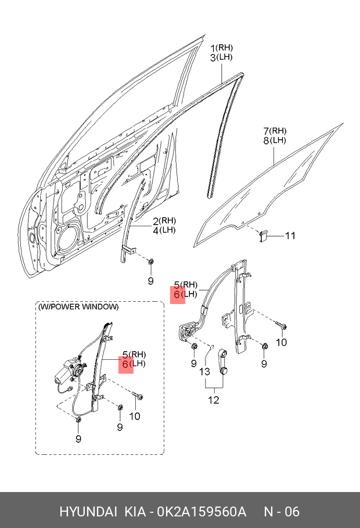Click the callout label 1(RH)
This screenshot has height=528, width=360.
221,48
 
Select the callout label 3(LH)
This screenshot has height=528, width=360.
221,57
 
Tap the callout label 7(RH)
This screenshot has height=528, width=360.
275,131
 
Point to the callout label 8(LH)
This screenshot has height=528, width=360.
275,140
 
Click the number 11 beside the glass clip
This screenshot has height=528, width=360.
290,236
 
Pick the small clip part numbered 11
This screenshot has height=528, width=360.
263,235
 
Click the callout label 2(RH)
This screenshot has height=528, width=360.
164,220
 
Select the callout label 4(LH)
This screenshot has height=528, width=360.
164,230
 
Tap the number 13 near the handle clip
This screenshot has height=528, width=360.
204,372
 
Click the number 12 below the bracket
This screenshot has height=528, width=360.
214,399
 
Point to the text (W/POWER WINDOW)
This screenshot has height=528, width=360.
78,307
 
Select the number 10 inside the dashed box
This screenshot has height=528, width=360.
134,415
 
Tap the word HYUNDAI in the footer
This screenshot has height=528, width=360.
87,512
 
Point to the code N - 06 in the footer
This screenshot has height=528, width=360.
282,512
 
